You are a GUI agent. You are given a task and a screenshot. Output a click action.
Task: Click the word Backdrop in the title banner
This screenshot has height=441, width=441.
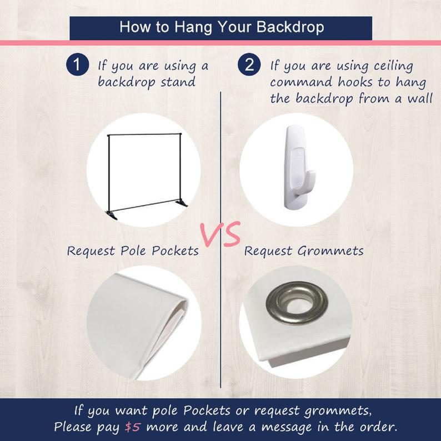(290, 27)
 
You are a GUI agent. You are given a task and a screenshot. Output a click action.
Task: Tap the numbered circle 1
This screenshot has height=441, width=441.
(78, 64)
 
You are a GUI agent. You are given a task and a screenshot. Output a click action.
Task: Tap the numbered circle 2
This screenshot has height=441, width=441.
(249, 64)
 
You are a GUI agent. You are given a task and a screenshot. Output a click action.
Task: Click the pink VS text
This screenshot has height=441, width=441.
(220, 234)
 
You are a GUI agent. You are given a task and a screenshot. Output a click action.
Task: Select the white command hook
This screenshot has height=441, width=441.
(297, 167)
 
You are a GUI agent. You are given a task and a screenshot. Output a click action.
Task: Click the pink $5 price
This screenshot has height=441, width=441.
(133, 427)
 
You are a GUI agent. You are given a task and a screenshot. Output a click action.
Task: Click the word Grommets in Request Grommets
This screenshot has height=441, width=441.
(330, 251)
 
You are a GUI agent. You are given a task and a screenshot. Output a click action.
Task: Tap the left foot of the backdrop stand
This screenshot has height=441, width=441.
(112, 215)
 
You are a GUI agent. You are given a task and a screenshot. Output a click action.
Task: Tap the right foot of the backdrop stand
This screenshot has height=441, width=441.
(182, 203)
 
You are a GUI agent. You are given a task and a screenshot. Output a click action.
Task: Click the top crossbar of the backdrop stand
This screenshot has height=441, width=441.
(144, 134)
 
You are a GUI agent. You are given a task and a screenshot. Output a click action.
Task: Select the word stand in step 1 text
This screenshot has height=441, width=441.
(178, 82)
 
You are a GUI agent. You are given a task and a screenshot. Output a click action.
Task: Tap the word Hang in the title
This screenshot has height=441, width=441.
(193, 28)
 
